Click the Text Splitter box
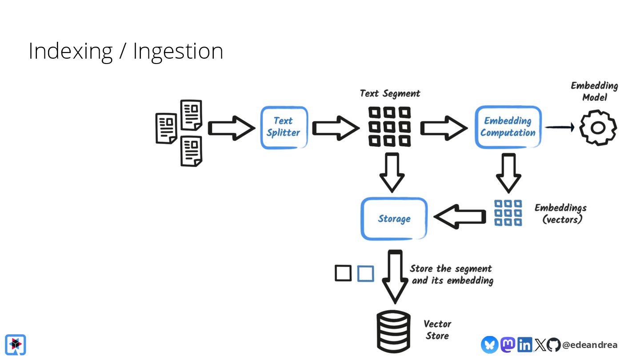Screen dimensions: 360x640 pyautogui.click(x=284, y=127)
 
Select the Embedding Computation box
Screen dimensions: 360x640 pyautogui.click(x=508, y=127)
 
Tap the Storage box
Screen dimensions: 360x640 pyautogui.click(x=394, y=219)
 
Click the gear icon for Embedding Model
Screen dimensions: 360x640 pyautogui.click(x=598, y=128)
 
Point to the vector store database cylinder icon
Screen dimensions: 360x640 pyautogui.click(x=393, y=331)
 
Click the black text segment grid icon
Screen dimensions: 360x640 pyautogui.click(x=390, y=127)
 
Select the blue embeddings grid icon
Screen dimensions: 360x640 pyautogui.click(x=508, y=213)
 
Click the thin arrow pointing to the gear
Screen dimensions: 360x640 pyautogui.click(x=560, y=128)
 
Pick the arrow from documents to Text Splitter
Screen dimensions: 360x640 pyautogui.click(x=231, y=128)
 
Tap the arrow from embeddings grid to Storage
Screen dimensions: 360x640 pyautogui.click(x=460, y=217)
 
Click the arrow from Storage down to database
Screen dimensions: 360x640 pyautogui.click(x=395, y=276)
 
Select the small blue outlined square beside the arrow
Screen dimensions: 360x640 pyautogui.click(x=365, y=273)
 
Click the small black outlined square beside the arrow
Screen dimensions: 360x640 pyautogui.click(x=343, y=273)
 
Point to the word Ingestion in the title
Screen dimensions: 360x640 pyautogui.click(x=178, y=51)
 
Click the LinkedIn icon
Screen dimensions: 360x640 pyautogui.click(x=524, y=344)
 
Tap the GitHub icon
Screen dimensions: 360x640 pyautogui.click(x=553, y=344)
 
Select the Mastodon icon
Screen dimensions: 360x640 pyautogui.click(x=508, y=344)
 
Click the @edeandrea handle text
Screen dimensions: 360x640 pyautogui.click(x=590, y=345)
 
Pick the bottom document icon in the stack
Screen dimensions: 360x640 pyautogui.click(x=191, y=151)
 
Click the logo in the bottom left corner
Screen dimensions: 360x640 pyautogui.click(x=16, y=344)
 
